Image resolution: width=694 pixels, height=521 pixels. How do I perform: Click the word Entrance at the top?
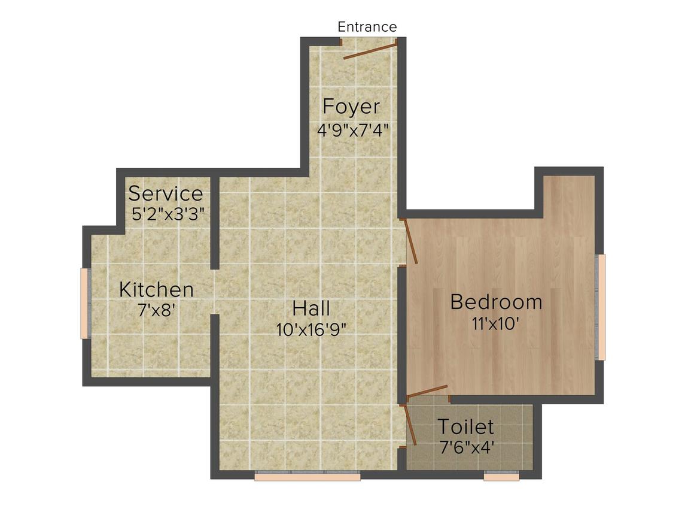click(367, 27)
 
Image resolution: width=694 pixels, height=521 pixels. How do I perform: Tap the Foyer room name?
click(351, 107)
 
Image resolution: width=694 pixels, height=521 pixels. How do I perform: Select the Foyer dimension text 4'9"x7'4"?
click(353, 131)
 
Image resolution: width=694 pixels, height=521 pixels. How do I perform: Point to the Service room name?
click(166, 193)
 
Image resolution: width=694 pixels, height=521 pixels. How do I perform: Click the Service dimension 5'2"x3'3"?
click(168, 214)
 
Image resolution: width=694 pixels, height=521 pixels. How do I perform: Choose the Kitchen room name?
click(156, 290)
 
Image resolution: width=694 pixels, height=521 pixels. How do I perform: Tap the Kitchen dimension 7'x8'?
click(157, 310)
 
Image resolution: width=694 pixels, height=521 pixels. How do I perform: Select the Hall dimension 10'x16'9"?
click(311, 329)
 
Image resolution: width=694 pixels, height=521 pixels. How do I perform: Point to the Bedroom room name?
click(496, 302)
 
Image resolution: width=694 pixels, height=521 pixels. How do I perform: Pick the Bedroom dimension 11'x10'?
click(495, 324)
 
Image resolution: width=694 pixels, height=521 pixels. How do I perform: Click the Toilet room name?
click(465, 426)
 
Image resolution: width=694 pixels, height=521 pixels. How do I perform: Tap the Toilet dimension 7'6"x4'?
click(467, 447)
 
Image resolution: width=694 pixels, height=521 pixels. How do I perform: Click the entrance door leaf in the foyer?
click(370, 51)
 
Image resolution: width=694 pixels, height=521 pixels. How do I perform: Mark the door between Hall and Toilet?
click(410, 424)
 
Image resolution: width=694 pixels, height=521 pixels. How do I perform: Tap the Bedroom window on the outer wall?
click(600, 307)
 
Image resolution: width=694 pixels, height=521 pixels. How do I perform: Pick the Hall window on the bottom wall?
click(308, 476)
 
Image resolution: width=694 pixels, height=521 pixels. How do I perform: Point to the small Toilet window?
click(501, 476)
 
